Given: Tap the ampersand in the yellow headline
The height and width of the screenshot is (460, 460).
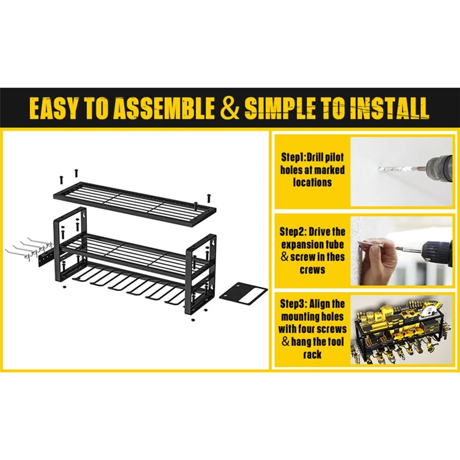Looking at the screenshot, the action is [x=229, y=108].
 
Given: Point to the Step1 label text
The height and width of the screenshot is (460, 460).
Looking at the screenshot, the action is [x=293, y=158].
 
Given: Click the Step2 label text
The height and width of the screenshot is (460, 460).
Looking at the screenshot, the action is [x=292, y=232].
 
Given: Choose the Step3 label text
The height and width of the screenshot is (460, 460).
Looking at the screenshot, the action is [x=292, y=304].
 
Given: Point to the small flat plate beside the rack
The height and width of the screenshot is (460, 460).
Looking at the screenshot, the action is [x=243, y=294].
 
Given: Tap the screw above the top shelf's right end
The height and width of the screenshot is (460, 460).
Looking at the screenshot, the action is [x=209, y=198].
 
